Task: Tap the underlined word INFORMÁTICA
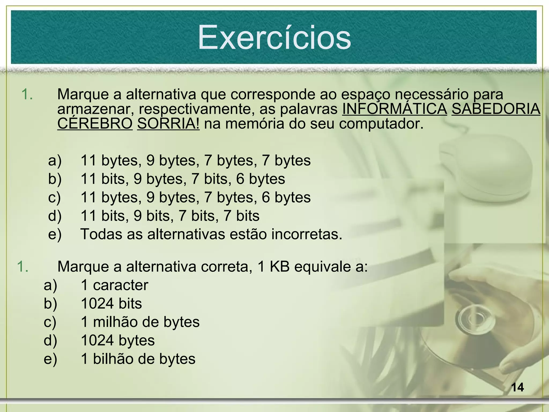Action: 395,109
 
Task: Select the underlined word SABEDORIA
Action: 496,109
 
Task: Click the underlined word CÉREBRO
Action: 95,124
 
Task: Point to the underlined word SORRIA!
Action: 168,124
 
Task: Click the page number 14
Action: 517,387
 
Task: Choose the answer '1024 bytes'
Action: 118,340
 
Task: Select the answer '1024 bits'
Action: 111,303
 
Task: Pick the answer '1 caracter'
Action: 114,285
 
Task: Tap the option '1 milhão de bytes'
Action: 140,322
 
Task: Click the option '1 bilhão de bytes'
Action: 138,359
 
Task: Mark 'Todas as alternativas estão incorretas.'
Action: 211,234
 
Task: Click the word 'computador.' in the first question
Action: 381,124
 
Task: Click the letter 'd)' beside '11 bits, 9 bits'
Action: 55,216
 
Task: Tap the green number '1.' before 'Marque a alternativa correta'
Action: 23,267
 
